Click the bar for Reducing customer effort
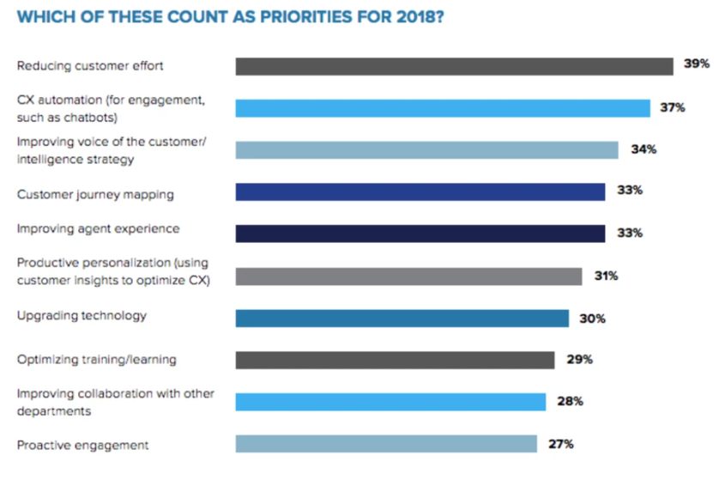pyautogui.click(x=454, y=66)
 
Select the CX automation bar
pyautogui.click(x=443, y=108)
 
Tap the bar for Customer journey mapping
pyautogui.click(x=420, y=191)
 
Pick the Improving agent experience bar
pyautogui.click(x=420, y=234)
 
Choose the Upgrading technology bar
pyautogui.click(x=402, y=318)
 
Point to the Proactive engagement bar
pyautogui.click(x=386, y=444)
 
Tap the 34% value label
pyautogui.click(x=643, y=149)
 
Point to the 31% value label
pyautogui.click(x=607, y=276)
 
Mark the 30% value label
pyautogui.click(x=592, y=318)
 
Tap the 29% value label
pyautogui.click(x=579, y=360)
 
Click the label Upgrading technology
pyautogui.click(x=82, y=316)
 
